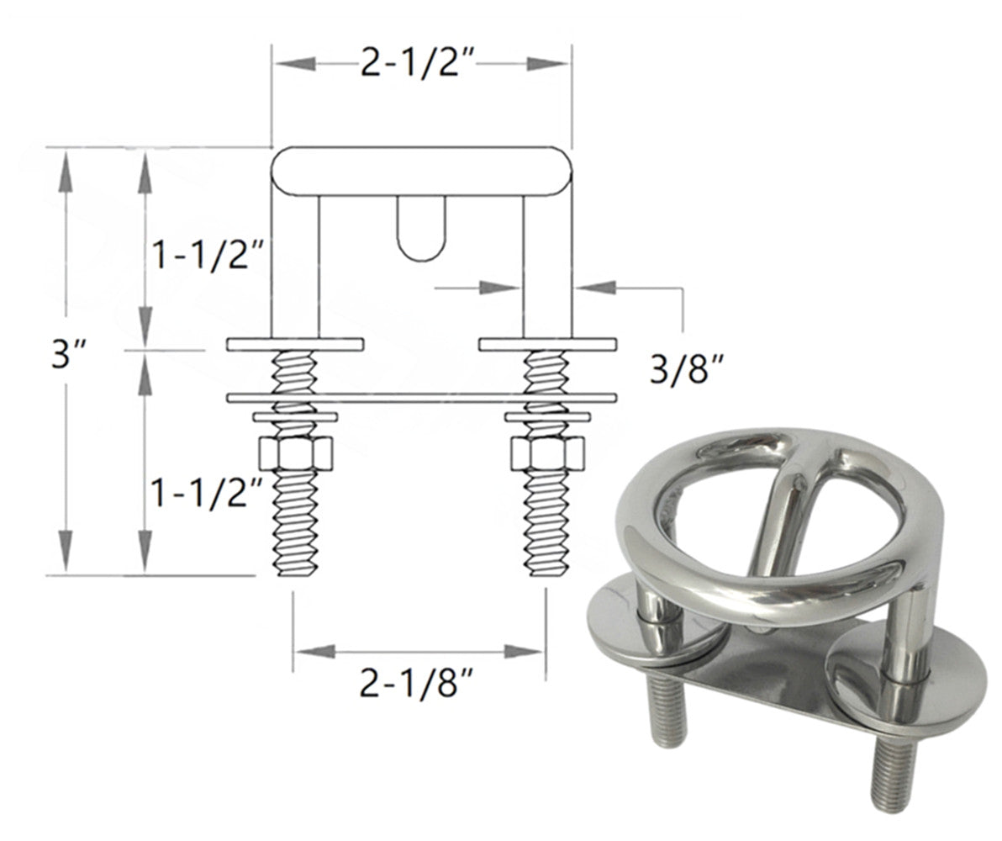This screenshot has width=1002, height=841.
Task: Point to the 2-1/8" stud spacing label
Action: coord(419,685)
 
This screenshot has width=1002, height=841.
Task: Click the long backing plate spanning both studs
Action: coord(421,396)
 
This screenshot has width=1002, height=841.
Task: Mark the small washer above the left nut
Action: coord(295,416)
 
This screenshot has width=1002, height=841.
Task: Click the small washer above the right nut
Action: coord(547,416)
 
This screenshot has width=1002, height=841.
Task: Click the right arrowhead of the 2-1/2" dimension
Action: coord(550,63)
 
